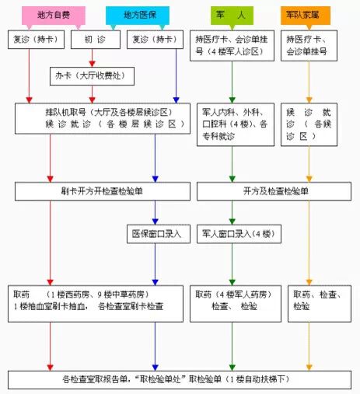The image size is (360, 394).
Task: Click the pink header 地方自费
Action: pyautogui.click(x=54, y=16)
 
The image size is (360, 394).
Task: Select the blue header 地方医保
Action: pyautogui.click(x=138, y=16)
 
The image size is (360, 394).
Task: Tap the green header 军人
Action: pyautogui.click(x=232, y=16)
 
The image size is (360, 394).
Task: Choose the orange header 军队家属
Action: pyautogui.click(x=306, y=16)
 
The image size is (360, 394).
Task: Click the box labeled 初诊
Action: pyautogui.click(x=96, y=40)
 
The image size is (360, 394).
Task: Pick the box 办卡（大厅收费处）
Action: pyautogui.click(x=92, y=76)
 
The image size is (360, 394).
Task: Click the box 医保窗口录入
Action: pyautogui.click(x=159, y=234)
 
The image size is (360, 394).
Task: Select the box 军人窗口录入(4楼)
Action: pyautogui.click(x=239, y=234)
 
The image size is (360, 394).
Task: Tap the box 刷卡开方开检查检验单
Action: pyautogui.click(x=103, y=191)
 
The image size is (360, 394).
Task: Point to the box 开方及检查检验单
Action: pyautogui.click(x=274, y=191)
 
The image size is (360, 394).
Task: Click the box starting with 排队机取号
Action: pyautogui.click(x=103, y=118)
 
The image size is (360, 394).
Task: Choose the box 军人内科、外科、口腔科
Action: pyautogui.click(x=236, y=124)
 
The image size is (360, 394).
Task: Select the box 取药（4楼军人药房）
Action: pyautogui.click(x=236, y=304)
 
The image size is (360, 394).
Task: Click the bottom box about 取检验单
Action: pyautogui.click(x=180, y=380)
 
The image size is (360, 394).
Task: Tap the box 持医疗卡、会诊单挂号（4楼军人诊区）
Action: pyautogui.click(x=232, y=46)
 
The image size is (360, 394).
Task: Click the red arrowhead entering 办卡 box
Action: pyautogui.click(x=92, y=64)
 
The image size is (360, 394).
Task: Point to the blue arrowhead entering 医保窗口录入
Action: pyautogui.click(x=155, y=221)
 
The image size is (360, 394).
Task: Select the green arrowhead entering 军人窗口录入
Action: pyautogui.click(x=232, y=221)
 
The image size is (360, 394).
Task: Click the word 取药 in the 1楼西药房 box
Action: pyautogui.click(x=22, y=295)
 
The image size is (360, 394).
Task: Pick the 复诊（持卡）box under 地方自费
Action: pyautogui.click(x=36, y=40)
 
